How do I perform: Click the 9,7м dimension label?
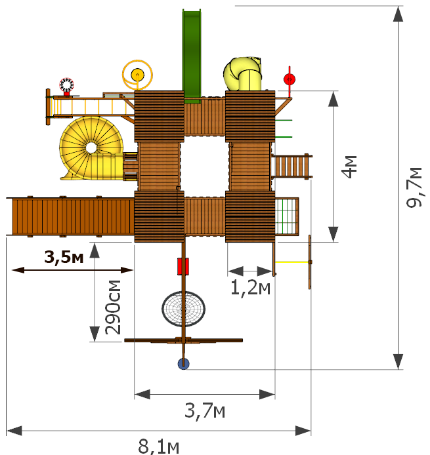click(x=414, y=187)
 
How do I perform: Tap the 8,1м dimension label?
click(x=159, y=446)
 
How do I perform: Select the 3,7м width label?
click(x=205, y=410)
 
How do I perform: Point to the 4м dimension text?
click(x=349, y=167)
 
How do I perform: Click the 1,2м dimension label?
click(x=250, y=288)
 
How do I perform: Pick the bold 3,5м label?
click(x=64, y=257)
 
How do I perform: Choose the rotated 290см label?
click(x=113, y=307)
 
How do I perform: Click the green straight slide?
click(x=192, y=55)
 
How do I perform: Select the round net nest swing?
click(x=183, y=309)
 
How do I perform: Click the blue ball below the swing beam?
click(x=183, y=364)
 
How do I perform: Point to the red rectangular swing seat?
click(x=183, y=266)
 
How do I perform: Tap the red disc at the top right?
click(x=290, y=79)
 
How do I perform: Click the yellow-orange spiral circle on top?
click(x=137, y=75)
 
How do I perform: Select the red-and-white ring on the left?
click(x=67, y=85)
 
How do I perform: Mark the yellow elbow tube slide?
click(x=243, y=73)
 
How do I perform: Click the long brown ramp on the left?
click(x=70, y=216)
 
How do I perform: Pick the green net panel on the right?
click(x=286, y=216)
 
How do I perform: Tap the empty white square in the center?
click(x=205, y=167)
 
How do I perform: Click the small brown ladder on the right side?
click(x=291, y=167)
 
